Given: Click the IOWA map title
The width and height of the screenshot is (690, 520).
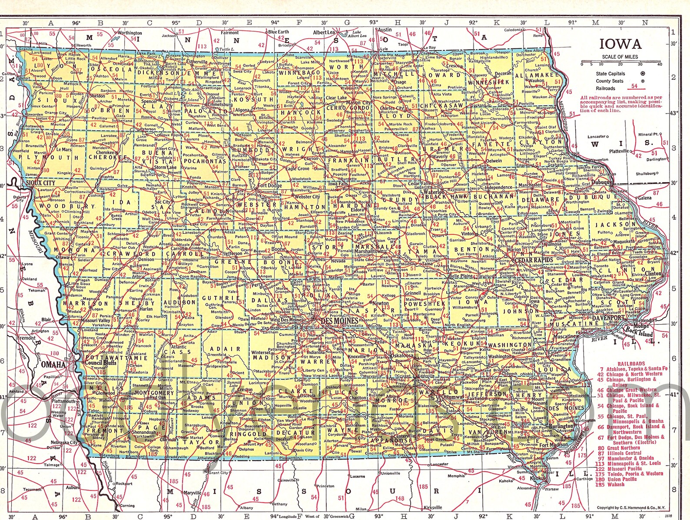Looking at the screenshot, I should click(620, 44).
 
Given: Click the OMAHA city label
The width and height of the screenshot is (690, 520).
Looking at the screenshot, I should click(53, 365).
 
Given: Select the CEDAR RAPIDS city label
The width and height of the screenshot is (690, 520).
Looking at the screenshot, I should click(534, 260).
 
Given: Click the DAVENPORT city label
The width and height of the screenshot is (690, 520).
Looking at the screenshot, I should click(607, 318).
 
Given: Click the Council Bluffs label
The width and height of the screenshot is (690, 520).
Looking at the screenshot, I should click(100, 362).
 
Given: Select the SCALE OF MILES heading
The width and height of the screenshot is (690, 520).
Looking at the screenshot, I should click(620, 57).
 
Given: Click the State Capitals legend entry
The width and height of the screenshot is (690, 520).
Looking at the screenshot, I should click(610, 74).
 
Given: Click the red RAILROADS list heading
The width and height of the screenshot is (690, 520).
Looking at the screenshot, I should click(631, 363).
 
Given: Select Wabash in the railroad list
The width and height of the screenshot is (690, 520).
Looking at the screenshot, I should click(616, 484).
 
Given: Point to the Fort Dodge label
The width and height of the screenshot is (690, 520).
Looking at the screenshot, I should click(270, 185).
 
